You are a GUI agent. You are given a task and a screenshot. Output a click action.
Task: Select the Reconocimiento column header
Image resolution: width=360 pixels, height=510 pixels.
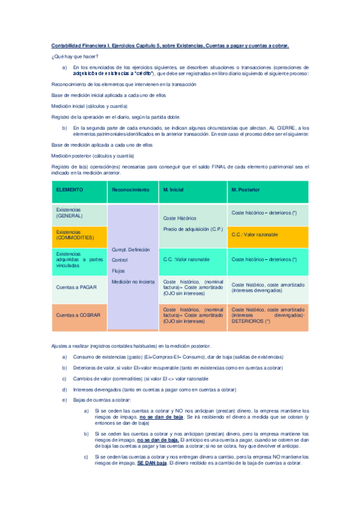[x=130, y=190]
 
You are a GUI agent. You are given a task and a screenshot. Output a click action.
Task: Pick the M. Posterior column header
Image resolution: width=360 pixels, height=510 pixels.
[x=246, y=190]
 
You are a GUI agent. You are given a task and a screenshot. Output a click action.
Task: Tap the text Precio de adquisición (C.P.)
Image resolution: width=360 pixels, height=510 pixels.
[x=193, y=229]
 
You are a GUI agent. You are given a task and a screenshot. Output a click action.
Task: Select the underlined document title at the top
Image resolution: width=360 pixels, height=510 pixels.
[x=170, y=45]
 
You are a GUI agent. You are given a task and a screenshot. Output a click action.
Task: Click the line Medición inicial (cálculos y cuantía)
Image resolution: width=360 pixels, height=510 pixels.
[x=89, y=106]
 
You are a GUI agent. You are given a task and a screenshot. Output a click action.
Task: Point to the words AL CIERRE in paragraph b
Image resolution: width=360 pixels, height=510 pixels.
[x=276, y=128]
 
